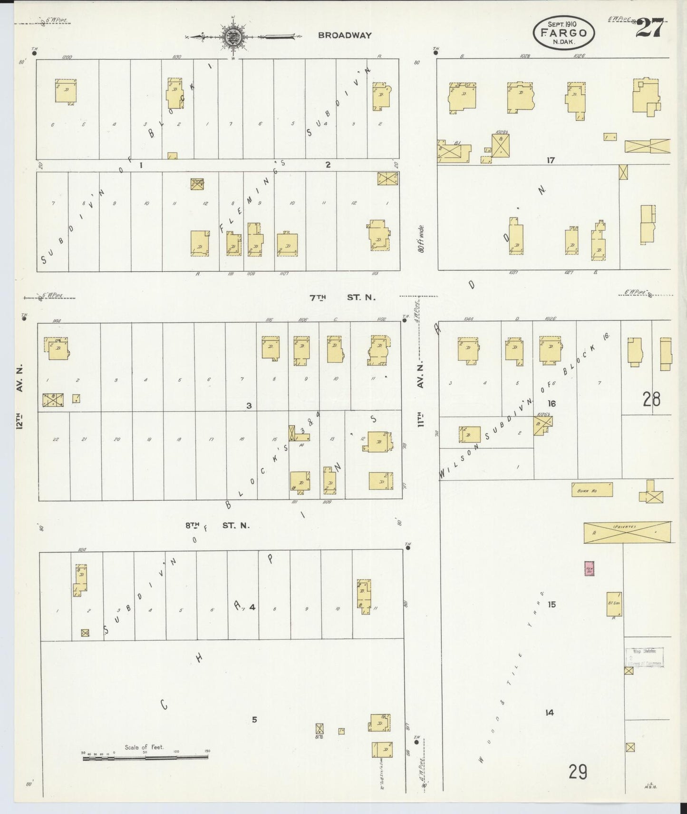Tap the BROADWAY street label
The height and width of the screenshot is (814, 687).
345,35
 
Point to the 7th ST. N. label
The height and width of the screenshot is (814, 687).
342,298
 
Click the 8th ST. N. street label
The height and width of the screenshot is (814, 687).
218,526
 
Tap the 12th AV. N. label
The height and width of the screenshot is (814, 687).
20,398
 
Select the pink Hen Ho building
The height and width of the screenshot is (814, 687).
590,568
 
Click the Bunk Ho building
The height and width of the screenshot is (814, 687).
591,490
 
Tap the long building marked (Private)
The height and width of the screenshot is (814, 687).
628,532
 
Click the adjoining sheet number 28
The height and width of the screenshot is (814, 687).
651,399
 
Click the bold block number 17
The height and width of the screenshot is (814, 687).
551,160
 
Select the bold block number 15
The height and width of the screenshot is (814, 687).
552,605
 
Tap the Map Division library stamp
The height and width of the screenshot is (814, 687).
645,657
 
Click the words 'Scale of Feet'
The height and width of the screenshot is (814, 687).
144,747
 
